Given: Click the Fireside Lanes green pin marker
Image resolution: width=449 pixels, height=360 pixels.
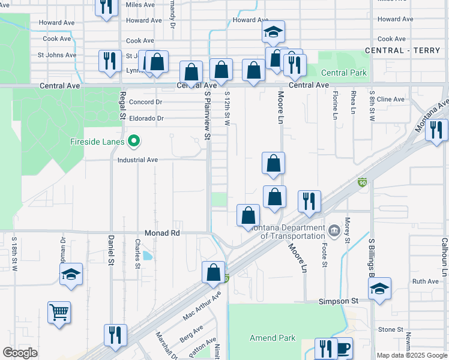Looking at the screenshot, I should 134,142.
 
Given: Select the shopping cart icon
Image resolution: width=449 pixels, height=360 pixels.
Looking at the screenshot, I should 59,312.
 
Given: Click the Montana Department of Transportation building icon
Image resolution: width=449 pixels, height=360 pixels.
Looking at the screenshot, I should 334,229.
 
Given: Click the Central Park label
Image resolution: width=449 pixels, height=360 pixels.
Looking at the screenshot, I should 344,73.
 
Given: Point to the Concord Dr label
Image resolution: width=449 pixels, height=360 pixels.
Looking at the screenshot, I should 146,102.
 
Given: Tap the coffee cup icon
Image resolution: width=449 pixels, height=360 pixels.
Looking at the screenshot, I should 344,348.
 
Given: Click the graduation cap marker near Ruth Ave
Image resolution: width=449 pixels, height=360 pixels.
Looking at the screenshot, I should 379,288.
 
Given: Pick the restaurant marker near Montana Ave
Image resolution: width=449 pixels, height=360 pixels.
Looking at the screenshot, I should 436,130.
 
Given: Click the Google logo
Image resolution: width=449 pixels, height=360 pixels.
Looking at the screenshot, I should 20,353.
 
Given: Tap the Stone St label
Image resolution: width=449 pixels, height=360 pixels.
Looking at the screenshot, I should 391,330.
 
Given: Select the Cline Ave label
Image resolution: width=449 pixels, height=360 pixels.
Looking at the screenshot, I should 391,99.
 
